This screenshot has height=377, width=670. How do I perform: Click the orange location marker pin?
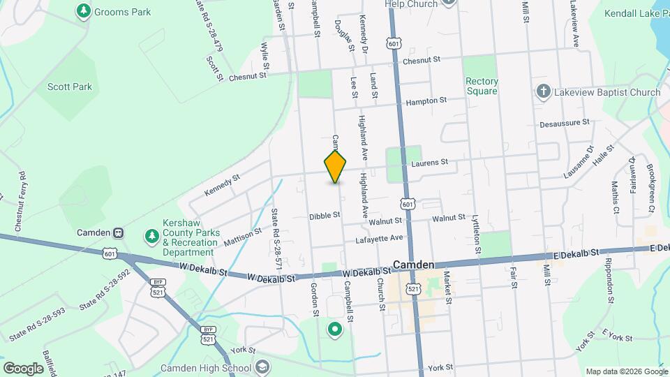click(x=336, y=166)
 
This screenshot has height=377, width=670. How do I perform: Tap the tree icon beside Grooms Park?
click(x=84, y=10)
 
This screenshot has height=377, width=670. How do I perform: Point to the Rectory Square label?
click(x=482, y=86)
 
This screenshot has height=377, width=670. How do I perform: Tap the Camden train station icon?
click(x=119, y=232)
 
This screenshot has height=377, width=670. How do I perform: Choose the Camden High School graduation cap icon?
click(x=262, y=367)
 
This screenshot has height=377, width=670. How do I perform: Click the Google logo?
click(x=23, y=368)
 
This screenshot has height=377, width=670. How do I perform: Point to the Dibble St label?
click(x=324, y=217)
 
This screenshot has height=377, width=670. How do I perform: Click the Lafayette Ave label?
click(x=380, y=238)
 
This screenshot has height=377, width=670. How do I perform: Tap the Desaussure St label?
click(x=565, y=122)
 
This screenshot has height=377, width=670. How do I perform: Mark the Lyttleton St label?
click(x=477, y=234)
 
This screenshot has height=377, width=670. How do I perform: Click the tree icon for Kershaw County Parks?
click(x=151, y=237)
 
